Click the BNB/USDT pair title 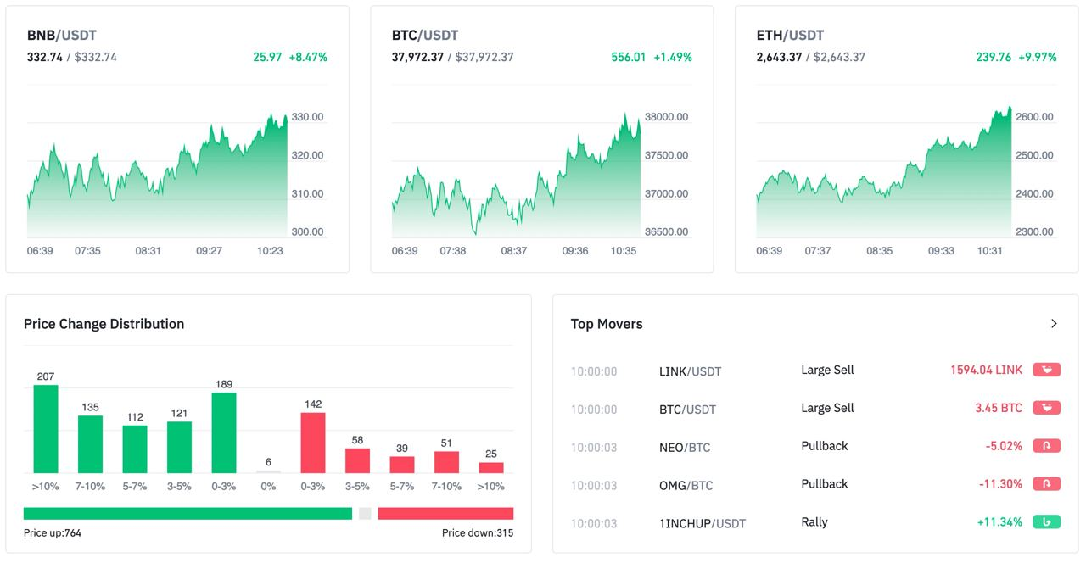[x=62, y=36]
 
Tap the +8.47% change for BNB [x=308, y=57]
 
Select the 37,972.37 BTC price [x=417, y=57]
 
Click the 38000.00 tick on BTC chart [x=666, y=117]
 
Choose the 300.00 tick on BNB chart [x=307, y=231]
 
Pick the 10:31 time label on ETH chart [x=989, y=251]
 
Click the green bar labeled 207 [x=46, y=429]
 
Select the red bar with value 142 [x=313, y=443]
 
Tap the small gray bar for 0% [x=268, y=471]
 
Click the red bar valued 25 [x=491, y=467]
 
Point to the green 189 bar [x=224, y=432]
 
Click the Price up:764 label [x=53, y=533]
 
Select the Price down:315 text [x=478, y=533]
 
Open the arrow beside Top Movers [x=1054, y=324]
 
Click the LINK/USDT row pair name [x=690, y=371]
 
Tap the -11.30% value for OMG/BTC [x=1000, y=484]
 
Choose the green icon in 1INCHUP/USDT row [x=1046, y=522]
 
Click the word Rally [x=814, y=522]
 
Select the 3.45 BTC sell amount [x=999, y=408]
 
